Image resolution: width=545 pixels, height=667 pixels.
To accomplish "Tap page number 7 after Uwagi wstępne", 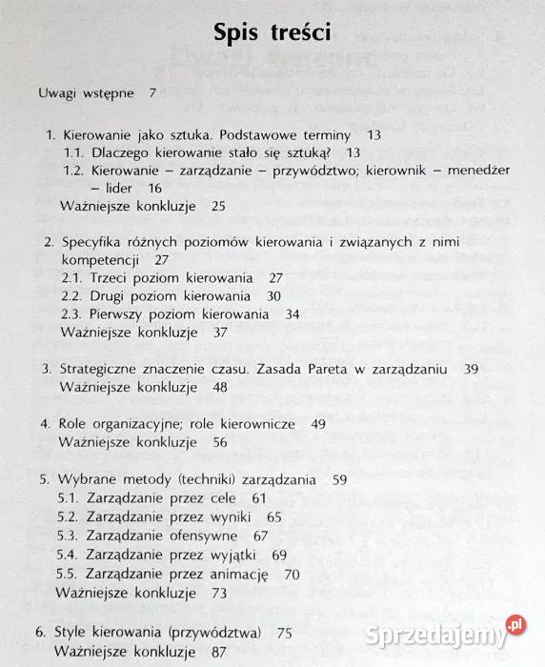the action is [152, 93].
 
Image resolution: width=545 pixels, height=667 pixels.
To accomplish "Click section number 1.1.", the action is [73, 152].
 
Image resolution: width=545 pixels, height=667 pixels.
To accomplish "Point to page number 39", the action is [471, 369].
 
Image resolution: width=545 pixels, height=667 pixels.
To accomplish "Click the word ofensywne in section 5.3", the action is [206, 536].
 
